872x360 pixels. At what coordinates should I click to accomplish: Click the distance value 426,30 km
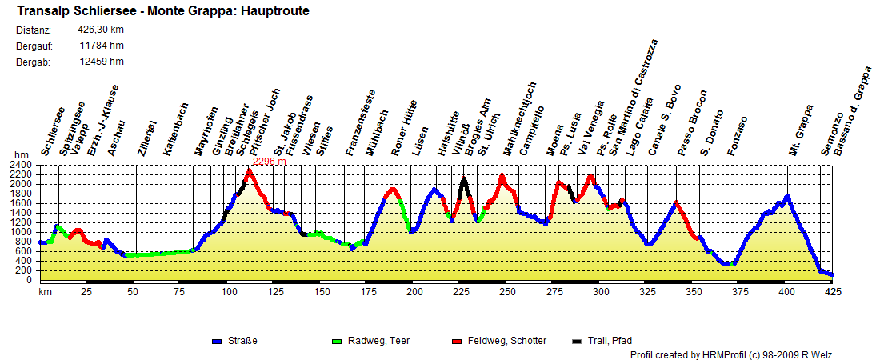tap(101, 30)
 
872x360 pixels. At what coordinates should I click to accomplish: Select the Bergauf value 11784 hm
tap(101, 46)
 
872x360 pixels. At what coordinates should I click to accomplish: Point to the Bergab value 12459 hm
tap(101, 62)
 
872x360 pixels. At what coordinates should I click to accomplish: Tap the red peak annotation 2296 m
tap(269, 161)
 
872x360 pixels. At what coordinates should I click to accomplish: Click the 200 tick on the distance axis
tap(414, 292)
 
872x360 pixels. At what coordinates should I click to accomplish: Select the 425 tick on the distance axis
tap(833, 292)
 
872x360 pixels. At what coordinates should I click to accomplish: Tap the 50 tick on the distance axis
tap(133, 292)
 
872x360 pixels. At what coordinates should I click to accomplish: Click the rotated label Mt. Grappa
tap(801, 130)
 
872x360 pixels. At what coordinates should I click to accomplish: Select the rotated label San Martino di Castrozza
tap(631, 97)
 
